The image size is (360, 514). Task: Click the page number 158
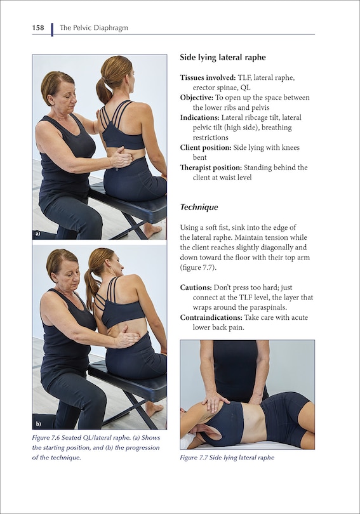click(39, 28)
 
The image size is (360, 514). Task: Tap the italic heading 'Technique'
click(199, 207)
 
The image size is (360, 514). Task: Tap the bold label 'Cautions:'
click(197, 287)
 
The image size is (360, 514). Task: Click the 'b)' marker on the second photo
click(38, 423)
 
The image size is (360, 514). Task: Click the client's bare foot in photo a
click(151, 229)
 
